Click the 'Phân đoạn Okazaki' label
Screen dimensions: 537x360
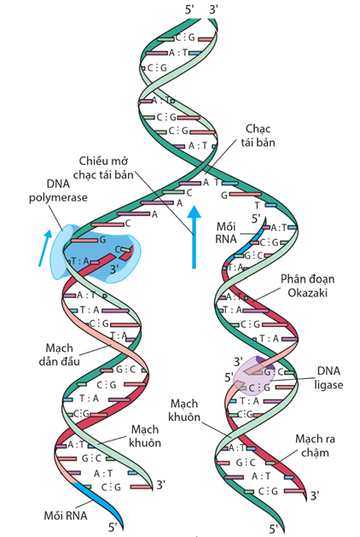tap(307, 286)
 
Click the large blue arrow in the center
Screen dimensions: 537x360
tap(195, 235)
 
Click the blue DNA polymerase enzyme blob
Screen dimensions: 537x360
tap(94, 252)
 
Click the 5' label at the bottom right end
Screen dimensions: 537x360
tap(272, 528)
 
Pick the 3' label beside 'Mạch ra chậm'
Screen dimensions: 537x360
tap(316, 494)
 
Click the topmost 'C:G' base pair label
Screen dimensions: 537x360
tap(183, 36)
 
